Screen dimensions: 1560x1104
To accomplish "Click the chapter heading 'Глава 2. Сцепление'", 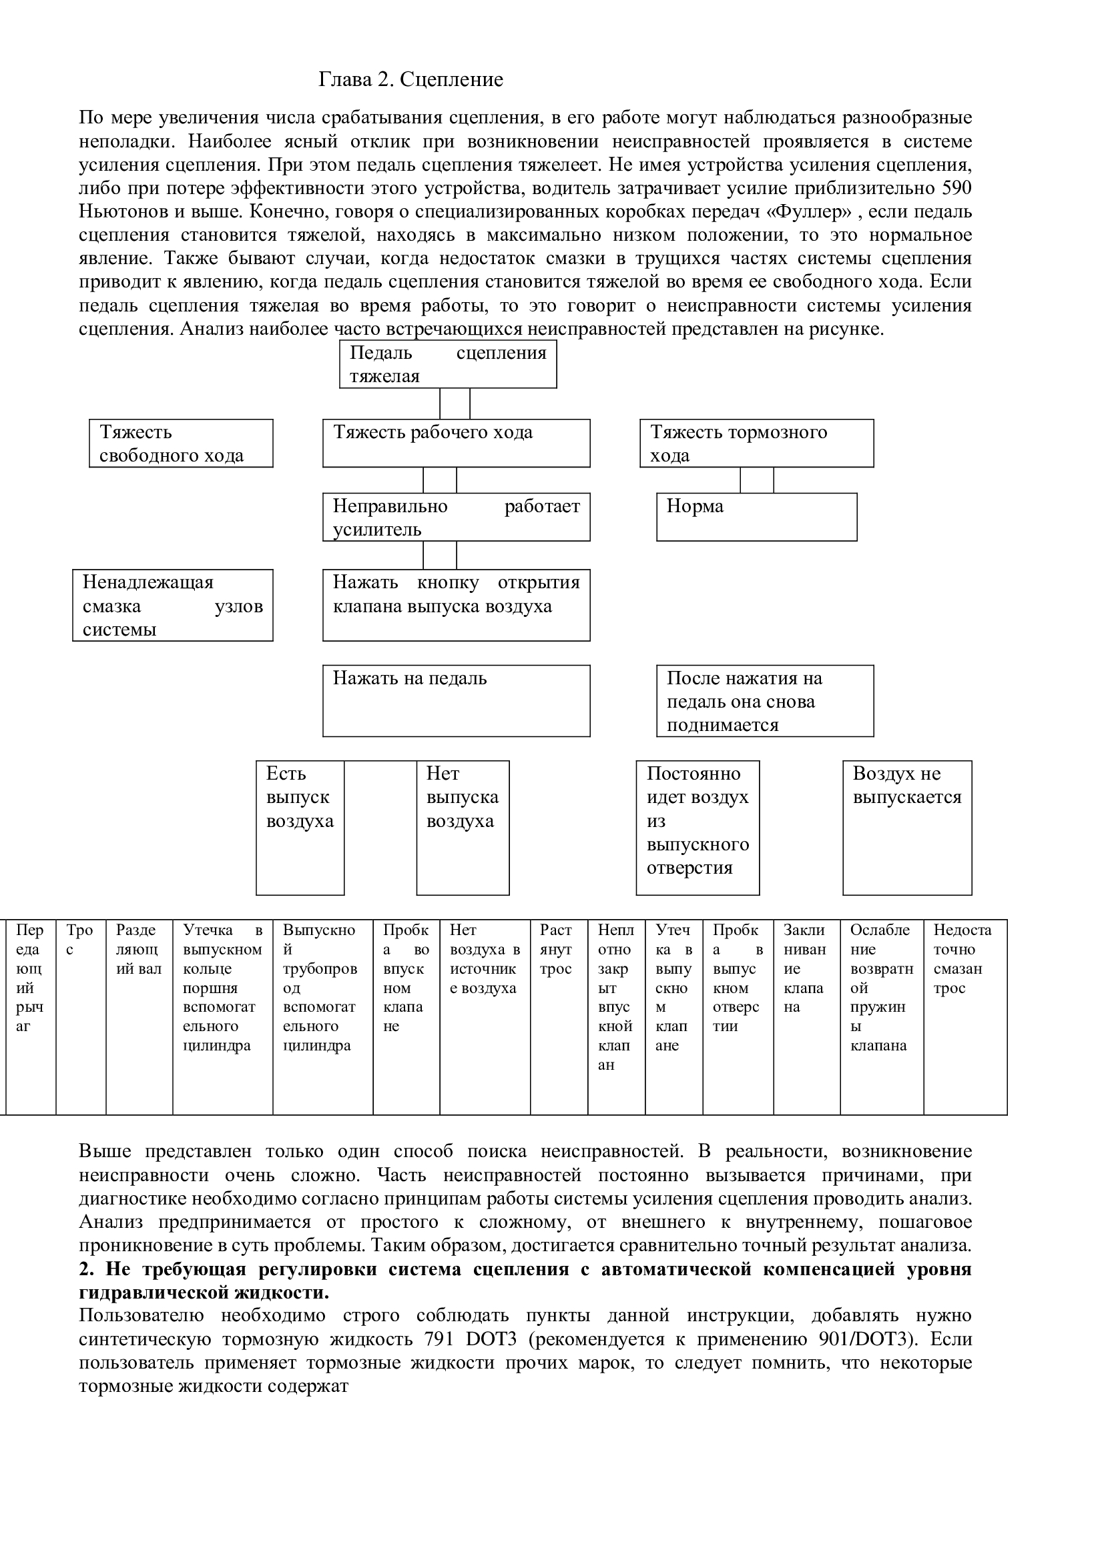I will click(410, 80).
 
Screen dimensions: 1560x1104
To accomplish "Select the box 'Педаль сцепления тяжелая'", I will click(448, 364).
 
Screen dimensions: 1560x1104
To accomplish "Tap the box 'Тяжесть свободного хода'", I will click(181, 444).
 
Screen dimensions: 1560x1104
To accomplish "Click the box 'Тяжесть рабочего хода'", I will click(456, 443).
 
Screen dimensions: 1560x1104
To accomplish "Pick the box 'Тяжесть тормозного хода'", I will click(757, 444).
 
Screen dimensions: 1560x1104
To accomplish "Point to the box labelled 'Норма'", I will click(757, 517).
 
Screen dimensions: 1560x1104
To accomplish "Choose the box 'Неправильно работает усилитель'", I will click(456, 517).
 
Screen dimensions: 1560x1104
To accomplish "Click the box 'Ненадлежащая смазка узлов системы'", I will click(173, 606).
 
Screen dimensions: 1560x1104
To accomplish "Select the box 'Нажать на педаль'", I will click(456, 700).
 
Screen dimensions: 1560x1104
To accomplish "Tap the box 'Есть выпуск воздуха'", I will click(300, 828).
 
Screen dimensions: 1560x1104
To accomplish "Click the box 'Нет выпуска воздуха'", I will click(463, 828).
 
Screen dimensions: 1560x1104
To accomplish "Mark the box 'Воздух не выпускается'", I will click(907, 828).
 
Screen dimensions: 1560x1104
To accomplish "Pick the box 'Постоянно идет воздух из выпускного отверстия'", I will click(698, 828).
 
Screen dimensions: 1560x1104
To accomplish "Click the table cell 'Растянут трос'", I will click(558, 1018).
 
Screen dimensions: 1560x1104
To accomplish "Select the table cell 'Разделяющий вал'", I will click(139, 1018).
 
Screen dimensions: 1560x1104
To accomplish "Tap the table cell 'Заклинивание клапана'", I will click(806, 1018).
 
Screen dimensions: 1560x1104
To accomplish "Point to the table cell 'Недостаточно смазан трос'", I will click(964, 1018).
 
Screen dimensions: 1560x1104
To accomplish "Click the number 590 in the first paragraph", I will click(957, 188).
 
